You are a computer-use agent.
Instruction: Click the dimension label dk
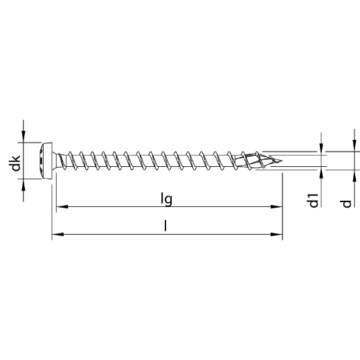[16, 163]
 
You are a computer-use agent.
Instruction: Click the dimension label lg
[167, 199]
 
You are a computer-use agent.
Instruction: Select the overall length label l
[165, 226]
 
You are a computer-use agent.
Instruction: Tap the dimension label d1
[314, 201]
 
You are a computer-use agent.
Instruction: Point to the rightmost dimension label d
[347, 204]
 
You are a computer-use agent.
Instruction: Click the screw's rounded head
[45, 161]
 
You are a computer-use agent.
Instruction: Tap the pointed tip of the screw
[281, 161]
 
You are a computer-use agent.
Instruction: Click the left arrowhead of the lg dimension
[62, 206]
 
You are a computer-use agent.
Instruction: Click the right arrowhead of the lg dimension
[276, 206]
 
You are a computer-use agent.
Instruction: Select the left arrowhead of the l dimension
[57, 234]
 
